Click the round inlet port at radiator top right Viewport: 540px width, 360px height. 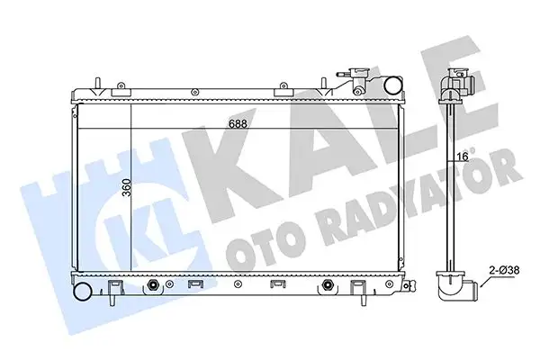point(393,86)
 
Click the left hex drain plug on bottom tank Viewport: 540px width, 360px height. point(156,286)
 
